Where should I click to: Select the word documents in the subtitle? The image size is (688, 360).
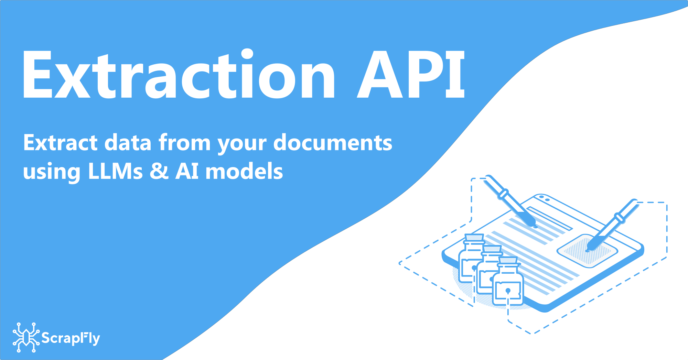pyautogui.click(x=333, y=143)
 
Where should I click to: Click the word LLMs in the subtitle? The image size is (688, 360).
pyautogui.click(x=115, y=171)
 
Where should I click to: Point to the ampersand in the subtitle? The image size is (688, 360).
pyautogui.click(x=159, y=171)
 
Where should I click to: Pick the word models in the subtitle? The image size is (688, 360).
pyautogui.click(x=244, y=171)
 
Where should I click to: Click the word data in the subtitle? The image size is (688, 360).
pyautogui.click(x=128, y=143)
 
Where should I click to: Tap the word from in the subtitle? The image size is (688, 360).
pyautogui.click(x=184, y=143)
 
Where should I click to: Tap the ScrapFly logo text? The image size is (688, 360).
pyautogui.click(x=71, y=338)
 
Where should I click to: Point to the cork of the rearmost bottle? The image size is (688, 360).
pyautogui.click(x=474, y=237)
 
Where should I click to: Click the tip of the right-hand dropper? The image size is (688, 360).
pyautogui.click(x=588, y=250)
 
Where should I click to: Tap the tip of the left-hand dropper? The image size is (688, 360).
pyautogui.click(x=535, y=226)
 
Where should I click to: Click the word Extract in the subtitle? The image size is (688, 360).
pyautogui.click(x=61, y=143)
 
